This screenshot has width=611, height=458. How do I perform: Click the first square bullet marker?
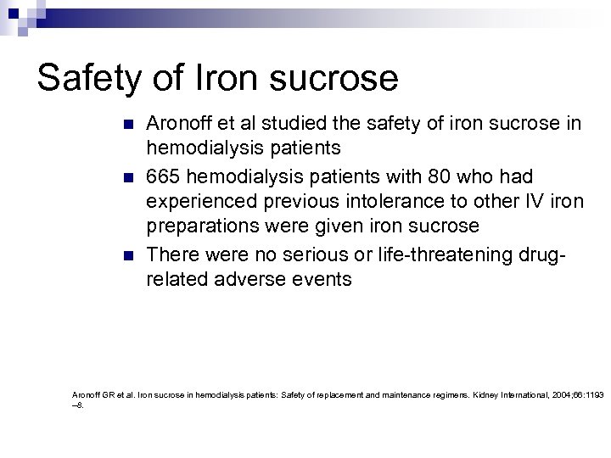[x=128, y=125]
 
